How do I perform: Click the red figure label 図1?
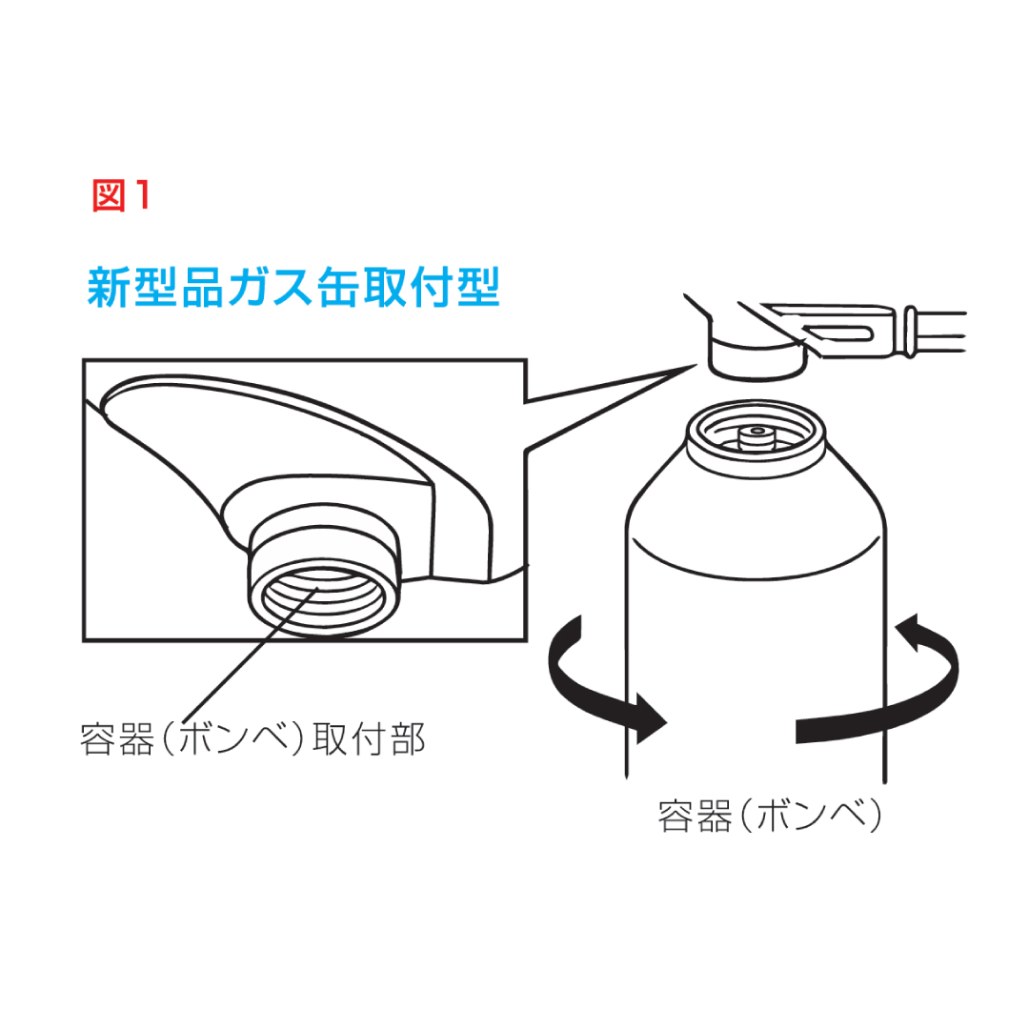coord(121,195)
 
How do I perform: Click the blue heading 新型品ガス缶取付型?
coord(294,288)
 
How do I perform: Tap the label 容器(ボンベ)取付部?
coord(252,739)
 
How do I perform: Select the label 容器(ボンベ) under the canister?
coord(770,816)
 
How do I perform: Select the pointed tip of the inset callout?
coord(695,366)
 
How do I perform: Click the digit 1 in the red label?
coord(143,195)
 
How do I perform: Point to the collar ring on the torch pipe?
coord(910,332)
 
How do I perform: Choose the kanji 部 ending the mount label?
coord(408,739)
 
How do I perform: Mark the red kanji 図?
coord(109,195)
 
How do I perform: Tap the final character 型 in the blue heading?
coord(479,288)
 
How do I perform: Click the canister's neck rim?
coord(756,437)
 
